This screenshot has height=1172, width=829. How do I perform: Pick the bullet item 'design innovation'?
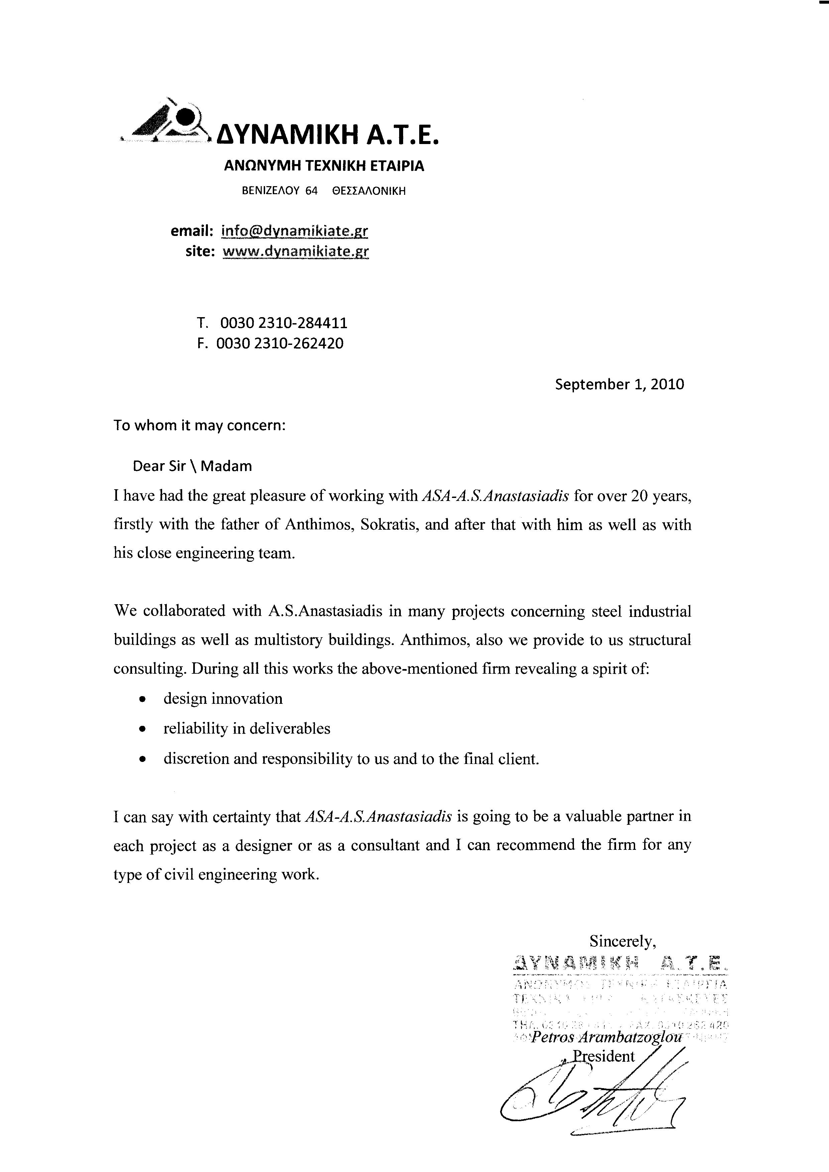pos(223,698)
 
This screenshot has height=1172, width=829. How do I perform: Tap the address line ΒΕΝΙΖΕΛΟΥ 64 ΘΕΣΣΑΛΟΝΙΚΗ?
pos(324,191)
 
